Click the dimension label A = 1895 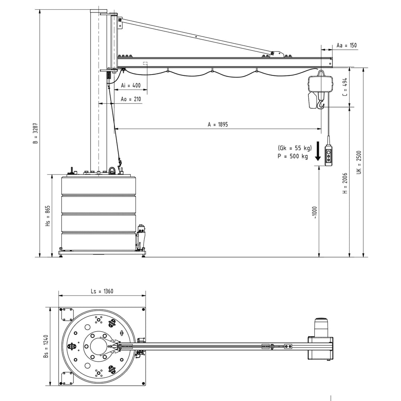217,125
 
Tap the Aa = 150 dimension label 346,46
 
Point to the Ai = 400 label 131,85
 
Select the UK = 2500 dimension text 359,162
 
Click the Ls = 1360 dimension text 102,291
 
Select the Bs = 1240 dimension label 47,346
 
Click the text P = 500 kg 292,156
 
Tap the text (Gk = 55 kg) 294,147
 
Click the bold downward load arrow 318,151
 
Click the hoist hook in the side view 321,105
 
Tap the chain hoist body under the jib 320,84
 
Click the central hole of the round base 98,346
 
